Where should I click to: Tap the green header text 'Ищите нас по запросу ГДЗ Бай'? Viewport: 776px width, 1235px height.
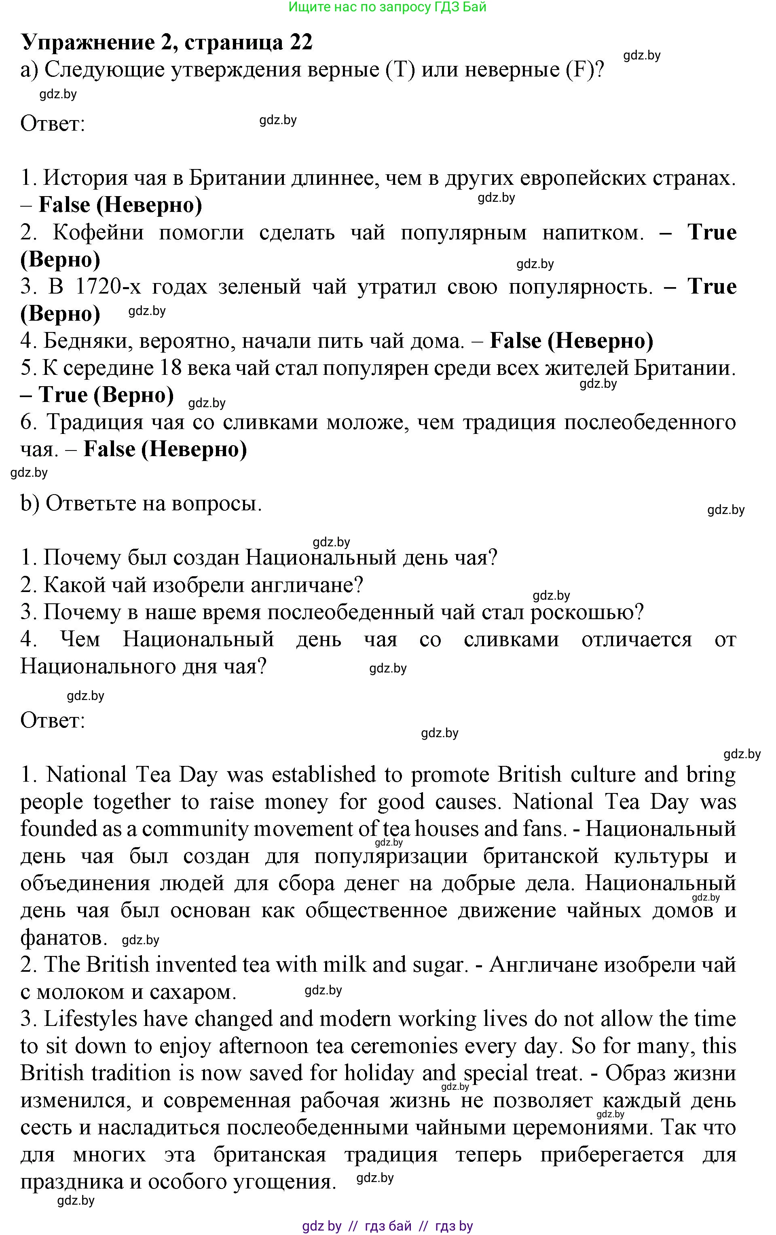click(x=387, y=7)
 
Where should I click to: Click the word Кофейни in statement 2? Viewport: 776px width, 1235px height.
click(x=98, y=233)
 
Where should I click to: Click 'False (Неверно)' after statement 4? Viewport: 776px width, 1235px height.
click(x=571, y=340)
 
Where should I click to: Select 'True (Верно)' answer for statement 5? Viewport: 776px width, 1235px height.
click(x=106, y=395)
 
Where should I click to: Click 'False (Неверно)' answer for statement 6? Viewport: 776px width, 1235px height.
click(x=165, y=449)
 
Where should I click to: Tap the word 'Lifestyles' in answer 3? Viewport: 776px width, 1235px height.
click(x=90, y=1019)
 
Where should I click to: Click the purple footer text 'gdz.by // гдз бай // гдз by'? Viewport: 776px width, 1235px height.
click(x=387, y=1226)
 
